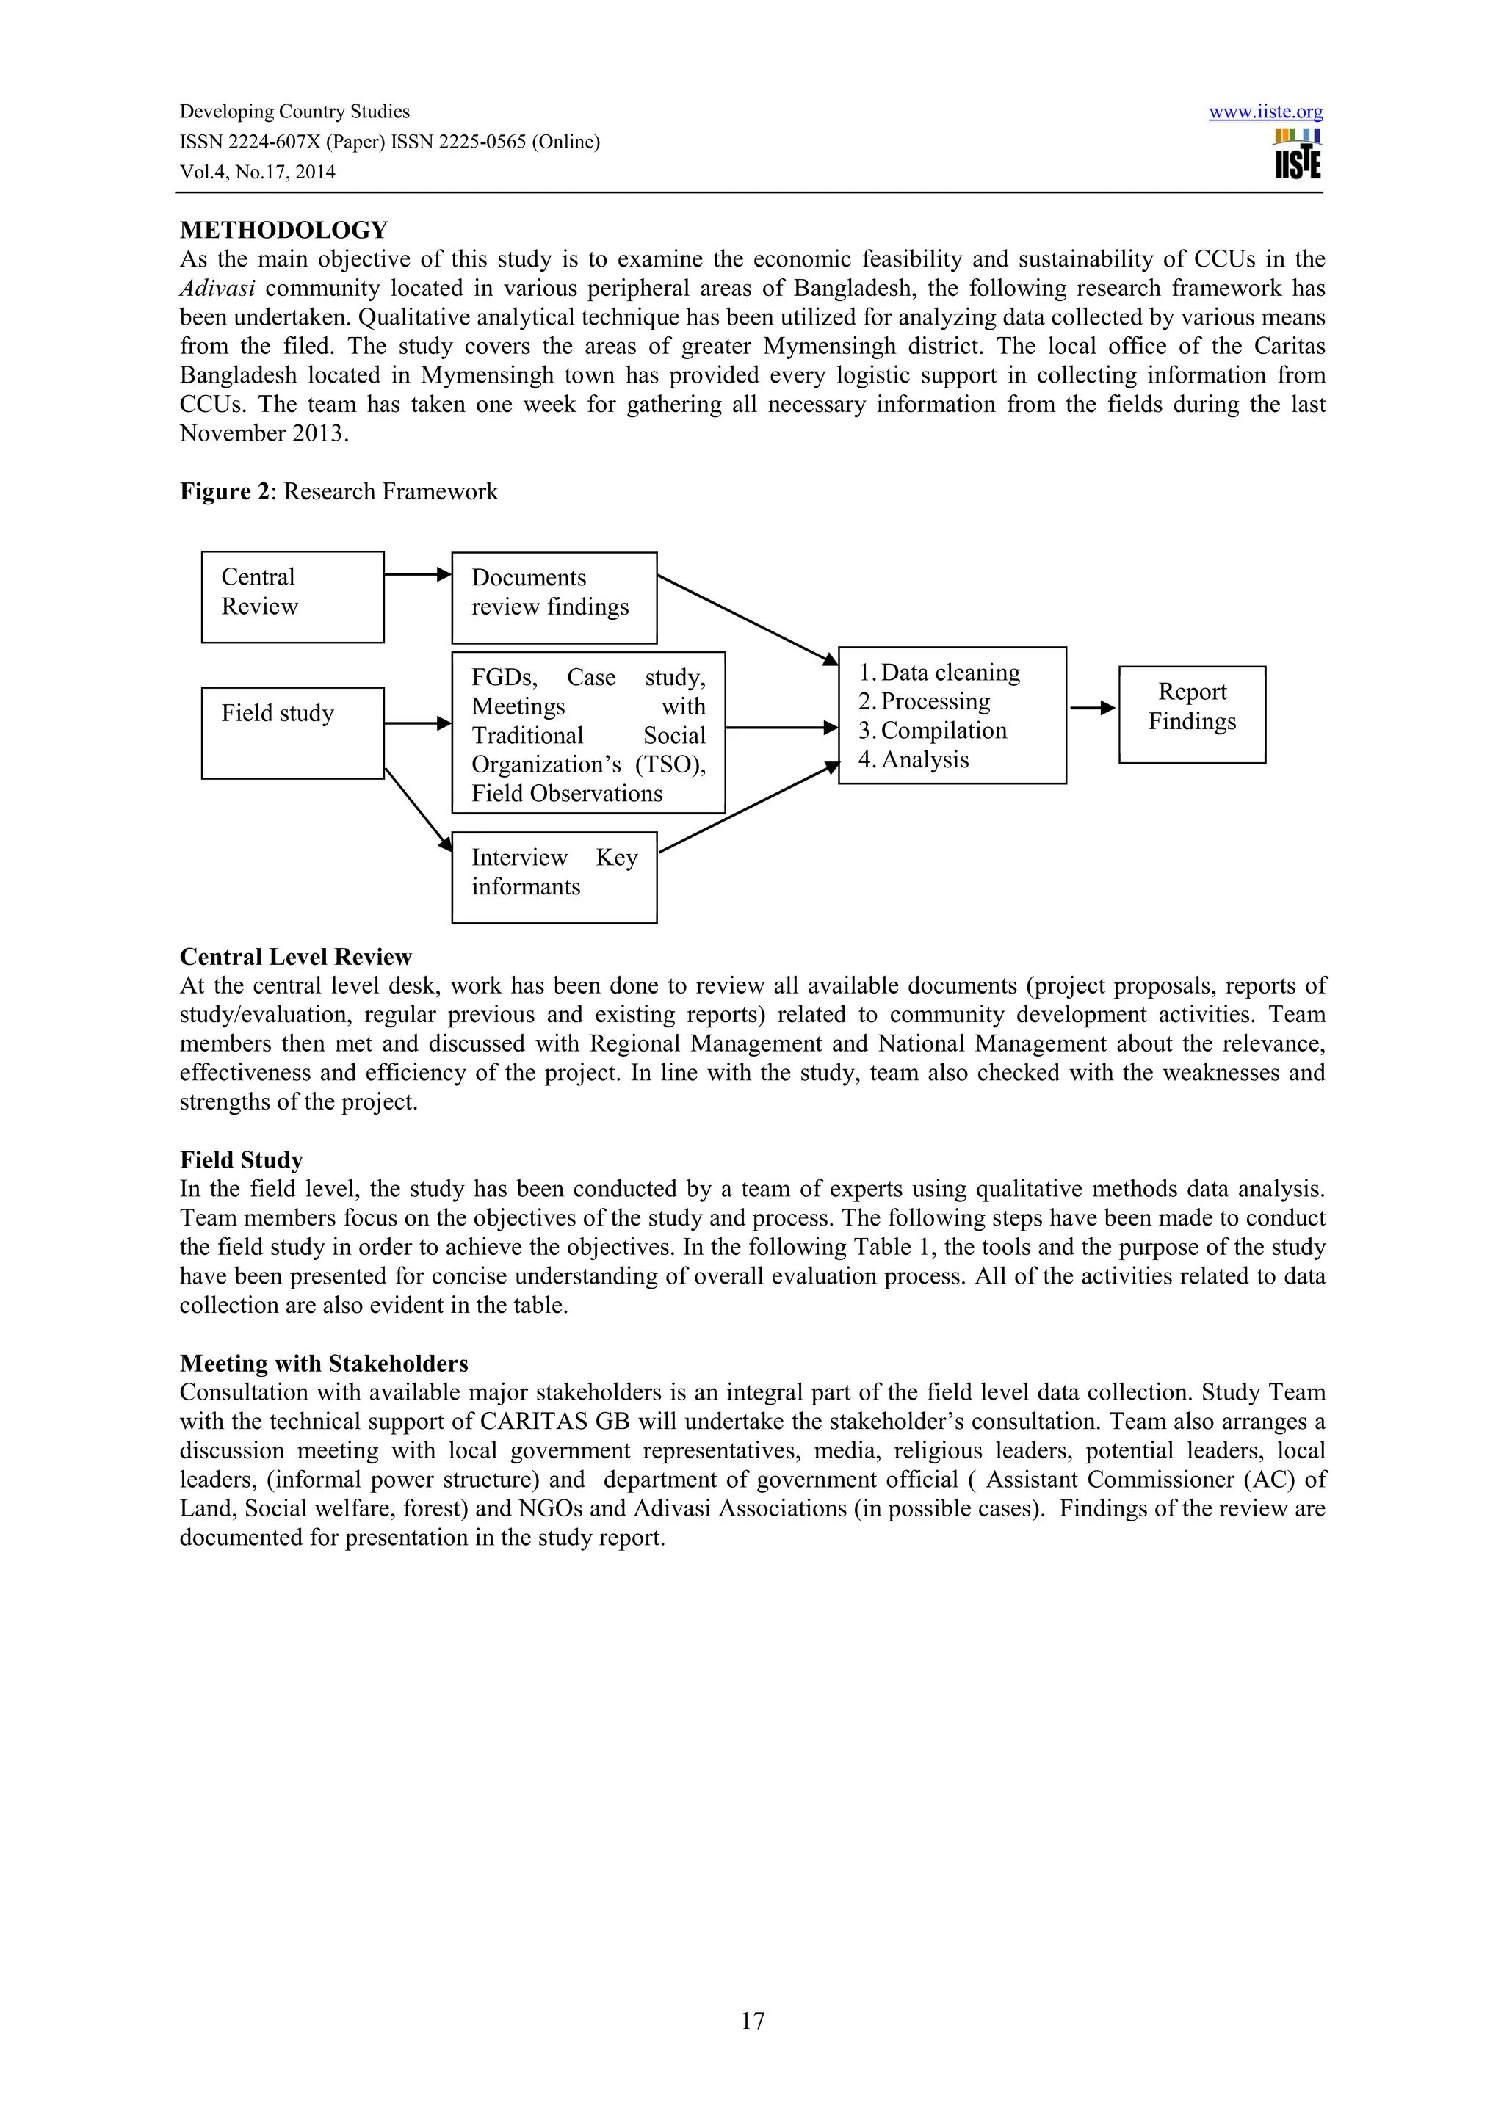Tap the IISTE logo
tap(1298, 155)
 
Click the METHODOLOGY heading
tap(283, 230)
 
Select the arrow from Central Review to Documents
tap(417, 575)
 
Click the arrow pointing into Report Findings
tap(1091, 708)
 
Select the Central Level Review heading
tap(296, 957)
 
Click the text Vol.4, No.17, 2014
tap(258, 172)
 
